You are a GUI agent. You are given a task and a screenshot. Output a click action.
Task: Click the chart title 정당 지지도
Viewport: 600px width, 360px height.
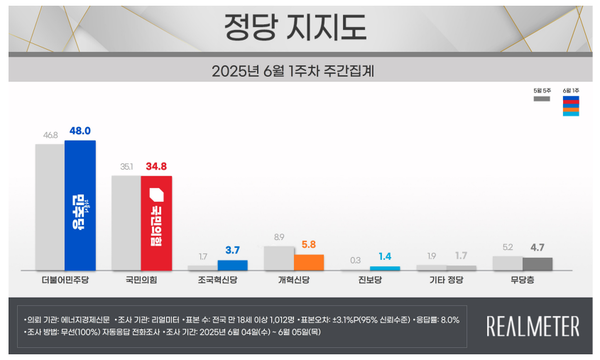[x=299, y=23]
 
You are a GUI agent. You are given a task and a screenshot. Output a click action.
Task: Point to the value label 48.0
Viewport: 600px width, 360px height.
[x=80, y=130]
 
